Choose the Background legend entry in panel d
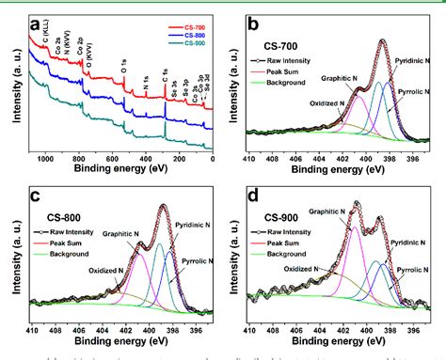[x=288, y=252]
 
